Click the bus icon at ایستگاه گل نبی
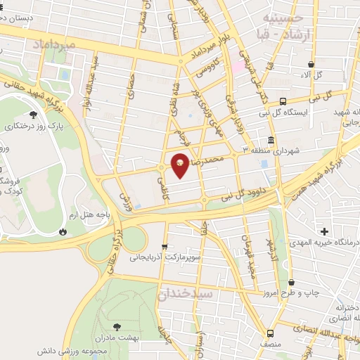click(x=283, y=101)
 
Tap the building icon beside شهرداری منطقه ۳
click(x=271, y=139)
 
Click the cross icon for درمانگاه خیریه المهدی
click(x=323, y=231)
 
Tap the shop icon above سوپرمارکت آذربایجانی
click(x=165, y=246)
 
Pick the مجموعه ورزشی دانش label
click(x=127, y=349)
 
